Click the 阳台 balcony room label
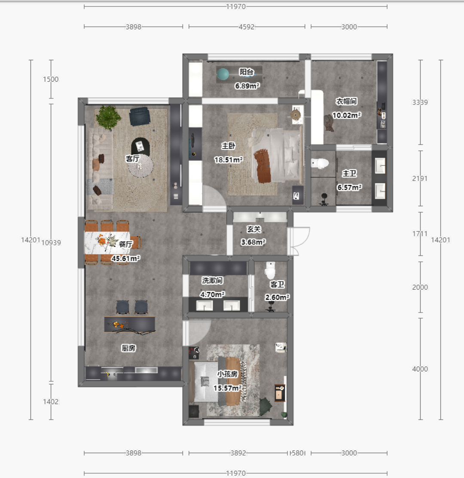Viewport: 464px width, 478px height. click(247, 72)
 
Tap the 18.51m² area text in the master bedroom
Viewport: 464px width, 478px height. click(229, 160)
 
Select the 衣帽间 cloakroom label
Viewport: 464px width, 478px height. click(346, 101)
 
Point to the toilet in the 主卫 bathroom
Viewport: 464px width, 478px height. click(320, 163)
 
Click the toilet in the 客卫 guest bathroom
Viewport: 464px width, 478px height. click(270, 270)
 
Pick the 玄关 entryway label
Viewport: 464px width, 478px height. click(254, 229)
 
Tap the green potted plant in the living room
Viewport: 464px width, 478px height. click(108, 117)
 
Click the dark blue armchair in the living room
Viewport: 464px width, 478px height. click(140, 116)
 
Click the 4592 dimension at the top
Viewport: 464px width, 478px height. click(247, 27)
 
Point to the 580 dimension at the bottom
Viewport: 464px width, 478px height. click(298, 453)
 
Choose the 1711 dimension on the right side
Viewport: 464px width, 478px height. click(420, 234)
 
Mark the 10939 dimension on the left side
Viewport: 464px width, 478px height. click(51, 243)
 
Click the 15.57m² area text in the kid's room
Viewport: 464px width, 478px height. click(228, 388)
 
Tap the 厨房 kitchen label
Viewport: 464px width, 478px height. click(128, 348)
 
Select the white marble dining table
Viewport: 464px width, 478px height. click(107, 243)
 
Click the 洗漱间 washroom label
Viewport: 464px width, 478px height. click(212, 280)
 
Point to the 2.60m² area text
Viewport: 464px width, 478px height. click(277, 297)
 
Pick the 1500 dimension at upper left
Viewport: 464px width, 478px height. click(51, 79)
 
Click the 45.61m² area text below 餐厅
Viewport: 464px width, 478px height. click(125, 258)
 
